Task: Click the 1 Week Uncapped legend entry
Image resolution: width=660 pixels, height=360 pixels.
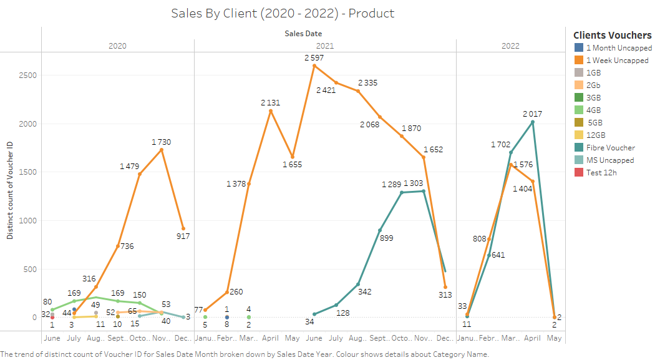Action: click(x=617, y=61)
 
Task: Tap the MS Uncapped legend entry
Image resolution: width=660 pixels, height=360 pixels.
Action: click(x=610, y=160)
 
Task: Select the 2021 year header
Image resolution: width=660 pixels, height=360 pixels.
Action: click(x=324, y=46)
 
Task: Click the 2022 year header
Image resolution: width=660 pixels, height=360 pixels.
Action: click(x=510, y=46)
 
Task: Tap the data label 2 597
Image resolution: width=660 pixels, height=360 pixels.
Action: click(x=314, y=58)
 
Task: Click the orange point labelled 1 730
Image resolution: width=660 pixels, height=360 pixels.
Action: click(x=162, y=150)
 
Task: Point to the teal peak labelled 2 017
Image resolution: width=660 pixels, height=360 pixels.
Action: click(x=532, y=122)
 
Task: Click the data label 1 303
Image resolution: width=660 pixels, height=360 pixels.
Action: click(x=413, y=183)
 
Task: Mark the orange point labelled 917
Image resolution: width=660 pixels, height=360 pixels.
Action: click(x=183, y=228)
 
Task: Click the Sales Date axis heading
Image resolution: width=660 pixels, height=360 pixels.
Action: click(x=303, y=33)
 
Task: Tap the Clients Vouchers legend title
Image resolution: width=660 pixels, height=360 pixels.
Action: click(x=612, y=35)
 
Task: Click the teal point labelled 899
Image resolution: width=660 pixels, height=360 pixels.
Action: click(x=380, y=230)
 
